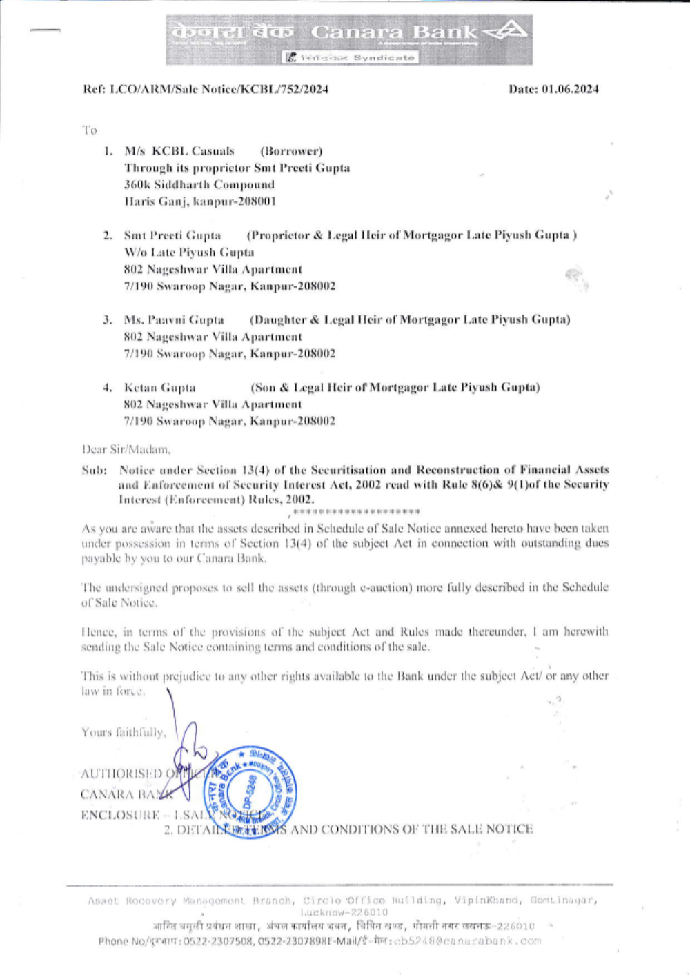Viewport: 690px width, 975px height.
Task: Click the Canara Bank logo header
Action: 348,39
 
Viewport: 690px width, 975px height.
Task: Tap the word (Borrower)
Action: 291,151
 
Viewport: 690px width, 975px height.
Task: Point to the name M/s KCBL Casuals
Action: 179,151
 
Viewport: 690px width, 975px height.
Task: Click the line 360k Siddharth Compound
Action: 199,185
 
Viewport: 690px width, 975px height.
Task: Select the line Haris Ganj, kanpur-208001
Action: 200,201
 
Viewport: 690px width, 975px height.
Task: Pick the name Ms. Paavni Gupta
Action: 174,320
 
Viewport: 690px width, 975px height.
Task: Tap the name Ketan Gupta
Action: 159,388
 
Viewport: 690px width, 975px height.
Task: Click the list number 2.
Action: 108,236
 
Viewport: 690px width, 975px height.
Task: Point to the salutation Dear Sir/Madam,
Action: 126,450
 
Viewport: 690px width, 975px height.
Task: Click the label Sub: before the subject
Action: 94,471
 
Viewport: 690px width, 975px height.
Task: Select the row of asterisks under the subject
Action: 356,512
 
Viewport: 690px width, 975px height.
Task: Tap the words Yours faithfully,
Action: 124,733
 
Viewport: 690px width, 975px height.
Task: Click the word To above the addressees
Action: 90,130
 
